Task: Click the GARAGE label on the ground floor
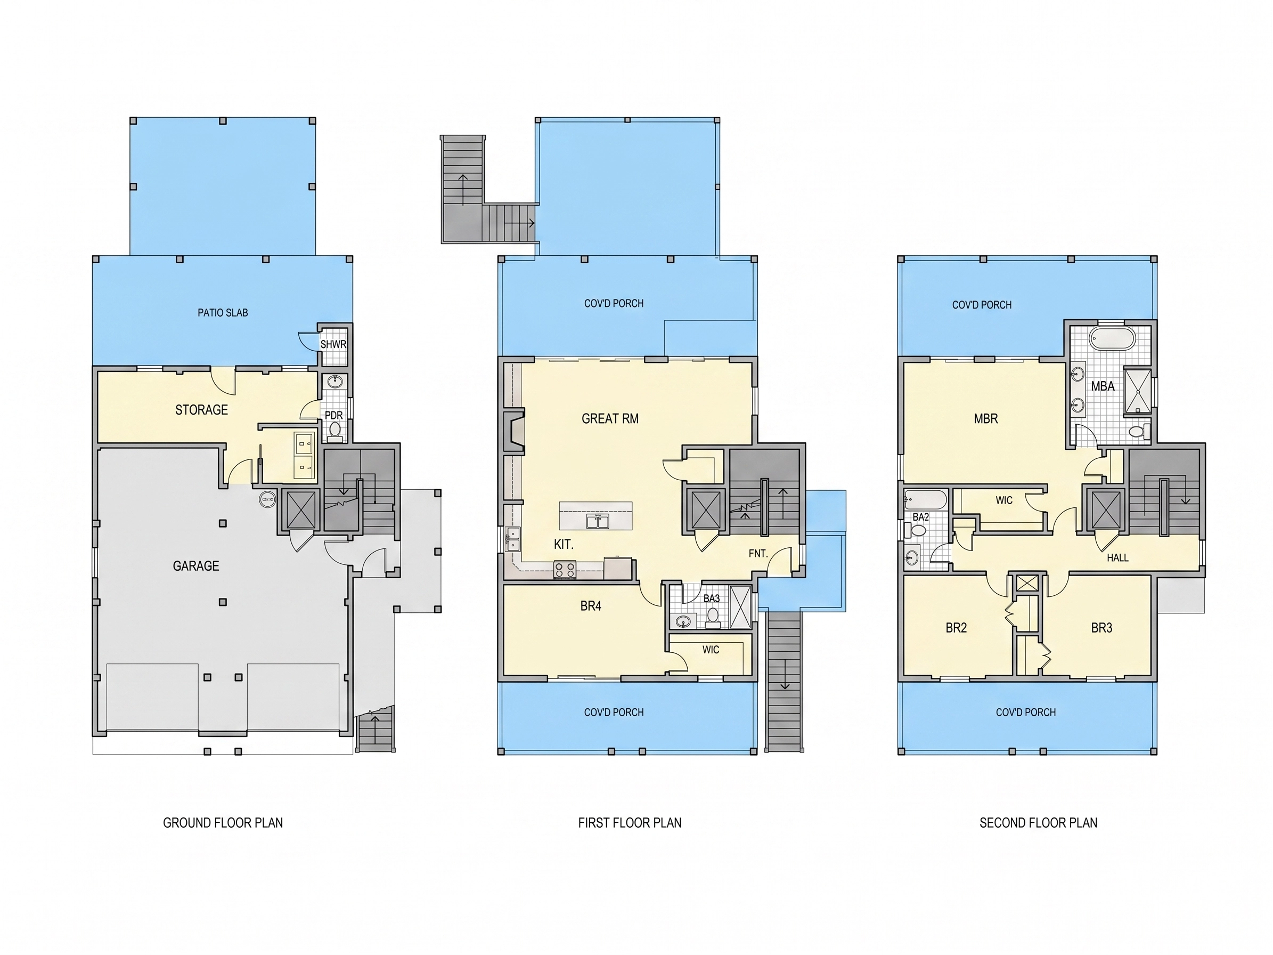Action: (195, 566)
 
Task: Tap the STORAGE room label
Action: (201, 410)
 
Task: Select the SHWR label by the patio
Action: (333, 344)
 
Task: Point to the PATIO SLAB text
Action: (223, 313)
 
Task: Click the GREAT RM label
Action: (610, 418)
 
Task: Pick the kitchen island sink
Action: (598, 522)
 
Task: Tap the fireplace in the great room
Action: (514, 430)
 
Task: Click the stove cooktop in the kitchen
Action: (565, 569)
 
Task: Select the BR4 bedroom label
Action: (591, 605)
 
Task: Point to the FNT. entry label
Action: (758, 553)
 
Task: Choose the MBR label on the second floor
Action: (986, 418)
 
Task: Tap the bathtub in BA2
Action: (925, 499)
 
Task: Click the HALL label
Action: (1117, 558)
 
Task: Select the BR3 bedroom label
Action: (1101, 627)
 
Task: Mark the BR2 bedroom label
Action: (956, 627)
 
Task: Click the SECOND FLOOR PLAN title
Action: (1038, 823)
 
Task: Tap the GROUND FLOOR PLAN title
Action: (223, 823)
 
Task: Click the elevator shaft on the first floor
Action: (706, 509)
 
